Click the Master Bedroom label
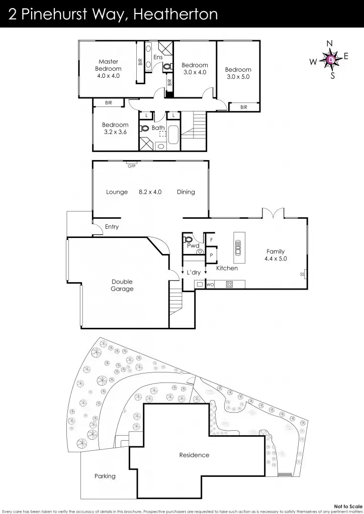(109, 65)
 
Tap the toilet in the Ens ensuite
(167, 66)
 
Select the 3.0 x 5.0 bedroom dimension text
(238, 77)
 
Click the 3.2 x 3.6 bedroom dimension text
(115, 132)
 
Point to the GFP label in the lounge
(132, 166)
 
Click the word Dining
(186, 192)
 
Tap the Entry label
(112, 227)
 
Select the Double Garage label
(122, 285)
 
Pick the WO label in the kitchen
(210, 285)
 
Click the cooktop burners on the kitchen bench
(229, 285)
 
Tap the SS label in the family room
(302, 274)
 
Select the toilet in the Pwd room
(189, 239)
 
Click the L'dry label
(194, 272)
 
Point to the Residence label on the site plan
(194, 455)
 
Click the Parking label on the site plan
(105, 476)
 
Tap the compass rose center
(330, 60)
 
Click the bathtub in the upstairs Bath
(173, 136)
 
